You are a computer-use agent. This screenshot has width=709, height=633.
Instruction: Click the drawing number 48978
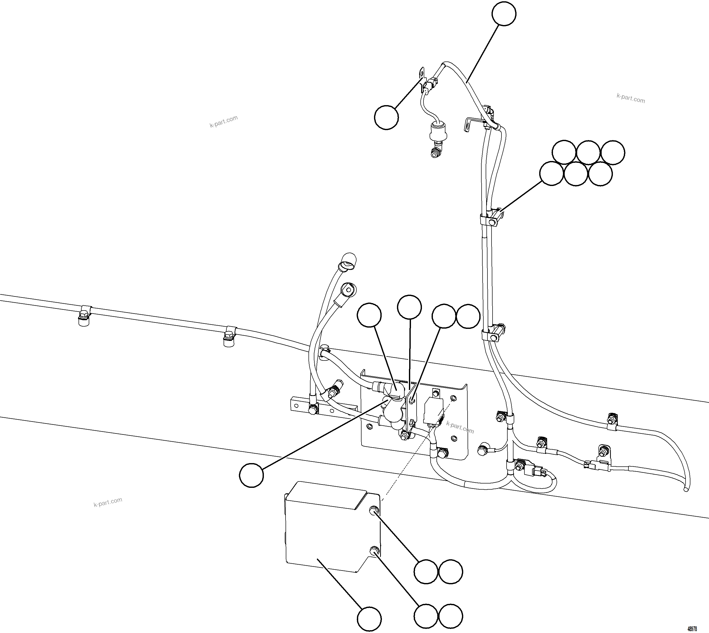(692, 629)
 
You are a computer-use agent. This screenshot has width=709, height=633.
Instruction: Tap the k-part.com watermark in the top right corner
(630, 98)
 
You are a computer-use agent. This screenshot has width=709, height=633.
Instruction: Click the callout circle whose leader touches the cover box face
(369, 619)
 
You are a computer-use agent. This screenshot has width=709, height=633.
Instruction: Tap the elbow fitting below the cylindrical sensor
(434, 152)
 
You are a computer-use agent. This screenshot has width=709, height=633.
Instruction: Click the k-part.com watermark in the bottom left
(108, 502)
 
